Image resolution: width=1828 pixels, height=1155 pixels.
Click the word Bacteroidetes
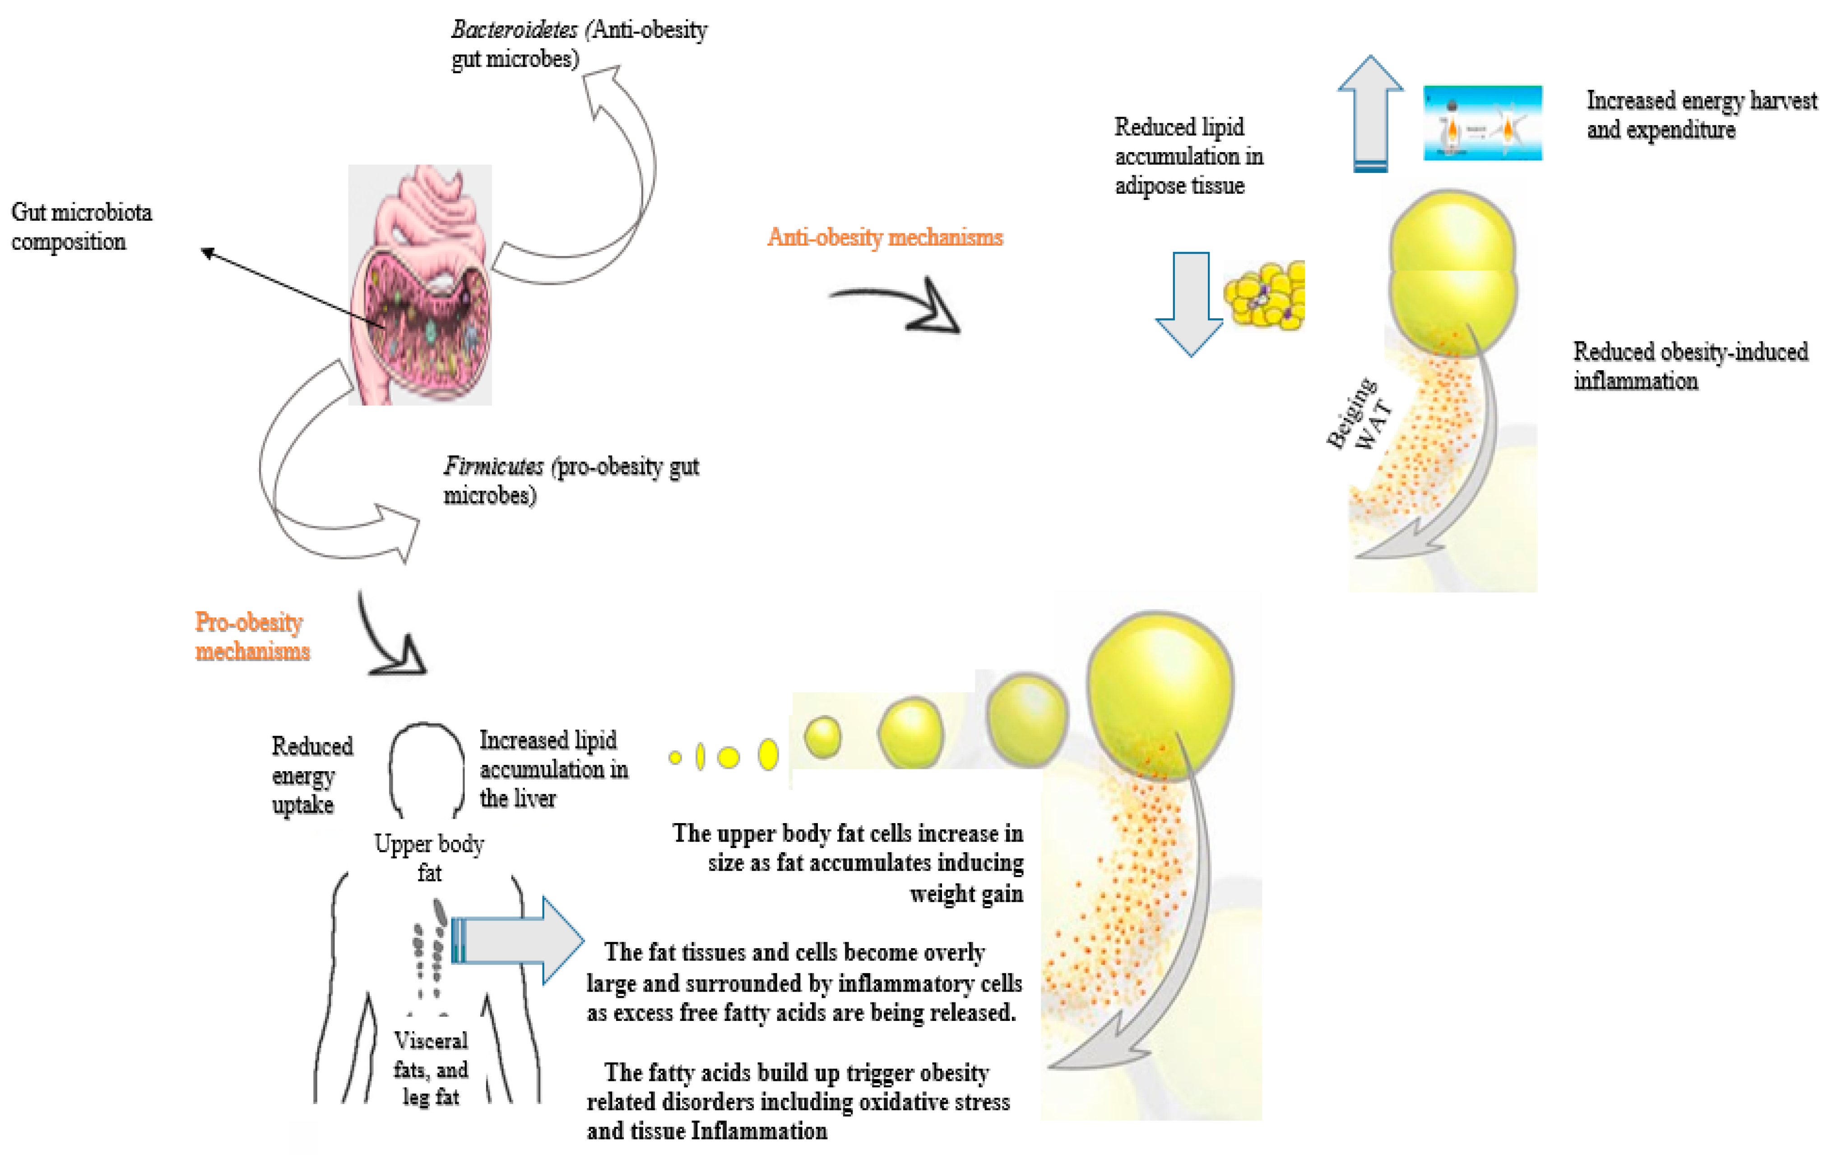[x=514, y=30]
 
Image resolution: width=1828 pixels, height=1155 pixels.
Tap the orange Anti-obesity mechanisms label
[x=884, y=238]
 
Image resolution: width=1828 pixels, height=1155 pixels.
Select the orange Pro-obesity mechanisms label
[x=251, y=636]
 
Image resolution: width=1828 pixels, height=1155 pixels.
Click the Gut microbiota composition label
[x=81, y=226]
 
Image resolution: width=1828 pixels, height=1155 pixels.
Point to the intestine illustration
[x=420, y=285]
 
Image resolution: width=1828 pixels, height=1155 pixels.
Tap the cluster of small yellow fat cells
[x=1266, y=296]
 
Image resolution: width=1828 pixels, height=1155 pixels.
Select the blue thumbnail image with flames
[x=1482, y=123]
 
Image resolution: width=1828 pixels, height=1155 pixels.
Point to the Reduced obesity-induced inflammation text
[x=1690, y=366]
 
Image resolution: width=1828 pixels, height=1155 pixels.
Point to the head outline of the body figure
[x=427, y=767]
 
